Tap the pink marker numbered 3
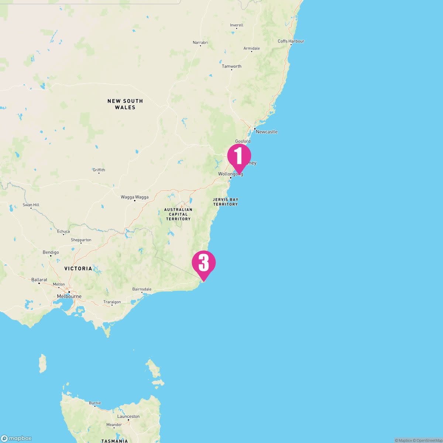coord(203,263)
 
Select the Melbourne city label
coord(69,296)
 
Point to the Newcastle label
coord(266,132)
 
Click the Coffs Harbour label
coord(291,41)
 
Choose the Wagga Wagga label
coord(135,197)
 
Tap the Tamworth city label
coord(231,66)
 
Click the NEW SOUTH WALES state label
coord(125,104)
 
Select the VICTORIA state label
coord(78,268)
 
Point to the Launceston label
coord(128,416)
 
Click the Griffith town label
coord(99,170)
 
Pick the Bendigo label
coord(51,253)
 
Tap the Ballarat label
coord(39,280)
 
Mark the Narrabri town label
coord(200,42)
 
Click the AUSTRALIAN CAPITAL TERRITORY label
coord(178,214)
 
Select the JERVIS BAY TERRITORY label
coord(225,202)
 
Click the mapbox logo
coord(16,438)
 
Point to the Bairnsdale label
coord(142,289)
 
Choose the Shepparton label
coord(81,240)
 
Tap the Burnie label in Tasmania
coord(95,403)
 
